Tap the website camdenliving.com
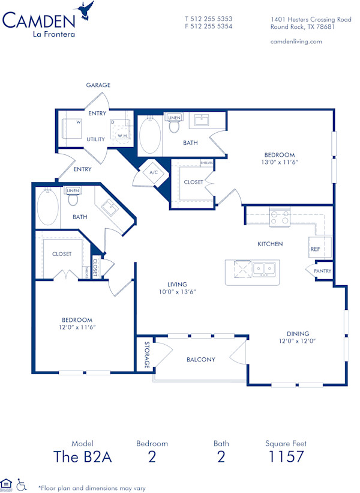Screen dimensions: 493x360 (296, 41)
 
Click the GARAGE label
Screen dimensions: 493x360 (98, 85)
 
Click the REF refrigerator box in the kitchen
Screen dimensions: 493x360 (316, 248)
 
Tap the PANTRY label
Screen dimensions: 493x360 (322, 271)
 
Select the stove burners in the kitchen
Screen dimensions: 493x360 (280, 217)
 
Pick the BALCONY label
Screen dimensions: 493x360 (200, 360)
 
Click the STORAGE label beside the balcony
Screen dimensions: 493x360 (147, 354)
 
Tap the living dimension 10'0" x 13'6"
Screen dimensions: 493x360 (177, 292)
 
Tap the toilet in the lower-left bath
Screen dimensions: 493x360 (73, 199)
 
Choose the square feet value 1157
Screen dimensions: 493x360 (286, 456)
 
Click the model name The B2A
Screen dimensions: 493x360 (83, 456)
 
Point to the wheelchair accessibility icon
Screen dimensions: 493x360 (21, 483)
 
